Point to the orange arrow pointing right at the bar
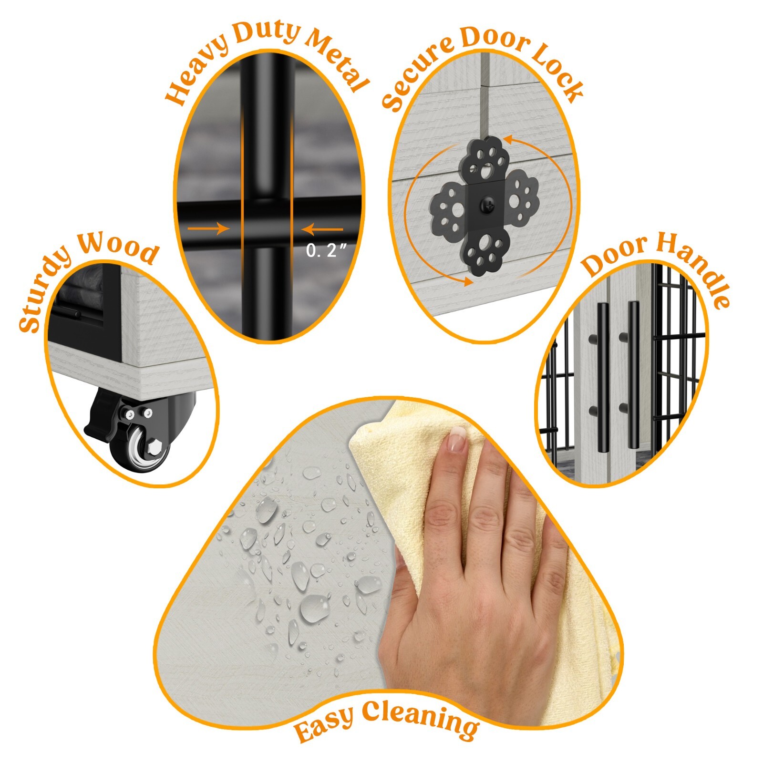tap(208, 228)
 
